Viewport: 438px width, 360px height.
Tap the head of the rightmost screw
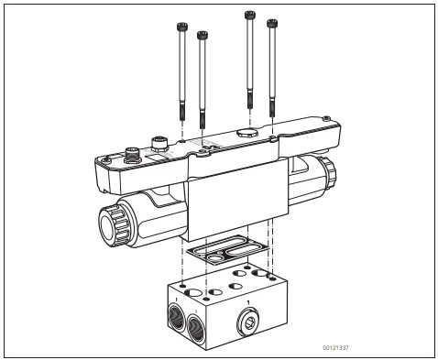(x=270, y=21)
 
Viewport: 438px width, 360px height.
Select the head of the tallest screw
(x=248, y=15)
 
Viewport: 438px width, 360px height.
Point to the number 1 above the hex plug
(x=247, y=301)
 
